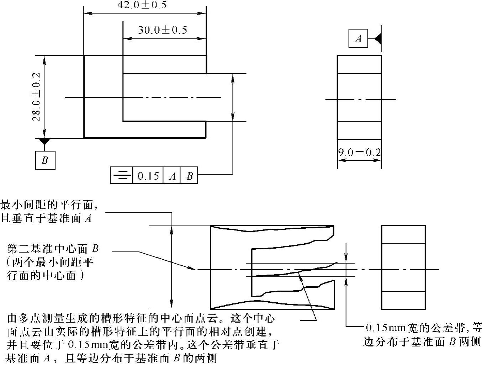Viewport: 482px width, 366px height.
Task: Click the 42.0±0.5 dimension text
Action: [x=142, y=5]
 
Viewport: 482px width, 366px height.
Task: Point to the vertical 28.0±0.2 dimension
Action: [x=36, y=97]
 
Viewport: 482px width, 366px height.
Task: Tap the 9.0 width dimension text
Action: [x=359, y=153]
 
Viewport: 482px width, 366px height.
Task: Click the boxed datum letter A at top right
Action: [x=358, y=38]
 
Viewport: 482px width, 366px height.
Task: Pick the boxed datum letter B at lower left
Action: [x=45, y=160]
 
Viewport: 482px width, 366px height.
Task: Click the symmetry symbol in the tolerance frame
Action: [x=121, y=175]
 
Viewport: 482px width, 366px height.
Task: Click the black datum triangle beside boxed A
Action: [x=378, y=38]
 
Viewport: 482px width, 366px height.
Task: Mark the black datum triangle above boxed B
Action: [x=44, y=142]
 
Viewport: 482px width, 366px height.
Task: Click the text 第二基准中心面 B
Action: [x=53, y=249]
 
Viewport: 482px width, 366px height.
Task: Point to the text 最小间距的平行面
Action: [x=48, y=205]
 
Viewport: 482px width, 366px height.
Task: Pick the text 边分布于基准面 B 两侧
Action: [x=422, y=342]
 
